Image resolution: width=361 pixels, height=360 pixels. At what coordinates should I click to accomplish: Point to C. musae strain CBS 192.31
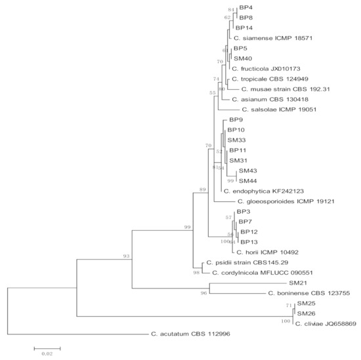point(280,89)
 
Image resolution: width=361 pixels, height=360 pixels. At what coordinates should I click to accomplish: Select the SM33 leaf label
point(236,140)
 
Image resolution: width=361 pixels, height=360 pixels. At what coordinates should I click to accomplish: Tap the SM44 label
point(247,180)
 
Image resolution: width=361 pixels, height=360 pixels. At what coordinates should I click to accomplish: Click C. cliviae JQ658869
point(326,323)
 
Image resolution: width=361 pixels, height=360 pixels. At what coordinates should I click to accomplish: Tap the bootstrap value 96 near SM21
point(203,293)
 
